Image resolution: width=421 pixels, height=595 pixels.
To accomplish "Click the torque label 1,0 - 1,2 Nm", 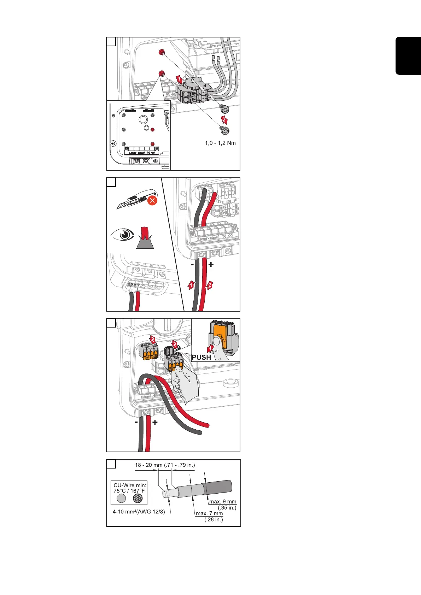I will [x=220, y=143].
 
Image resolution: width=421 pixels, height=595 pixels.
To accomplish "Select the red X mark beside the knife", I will [x=152, y=201].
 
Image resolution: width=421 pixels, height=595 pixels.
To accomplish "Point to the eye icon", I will [x=122, y=234].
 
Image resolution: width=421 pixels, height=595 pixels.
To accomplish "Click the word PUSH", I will [x=201, y=357].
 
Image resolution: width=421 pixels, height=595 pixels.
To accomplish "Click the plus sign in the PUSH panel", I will [x=155, y=422].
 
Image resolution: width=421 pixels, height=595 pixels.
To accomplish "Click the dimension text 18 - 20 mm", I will [x=149, y=465].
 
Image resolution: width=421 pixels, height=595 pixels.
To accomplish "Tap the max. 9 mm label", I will [x=223, y=502].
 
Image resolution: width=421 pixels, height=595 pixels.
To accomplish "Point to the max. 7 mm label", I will [x=209, y=513].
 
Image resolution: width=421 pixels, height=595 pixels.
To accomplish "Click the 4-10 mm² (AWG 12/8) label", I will [x=139, y=512].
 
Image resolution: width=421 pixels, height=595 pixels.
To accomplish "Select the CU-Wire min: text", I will [x=130, y=485].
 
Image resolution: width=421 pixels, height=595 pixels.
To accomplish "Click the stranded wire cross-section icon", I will [x=138, y=498].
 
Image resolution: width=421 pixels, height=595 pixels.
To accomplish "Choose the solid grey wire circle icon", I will [x=121, y=498].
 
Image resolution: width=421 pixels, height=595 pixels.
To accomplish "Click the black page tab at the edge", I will [x=408, y=55].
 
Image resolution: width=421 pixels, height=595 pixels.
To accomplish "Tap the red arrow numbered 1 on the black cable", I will [x=191, y=285].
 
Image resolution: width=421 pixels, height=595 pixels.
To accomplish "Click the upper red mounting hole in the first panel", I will [x=161, y=53].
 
